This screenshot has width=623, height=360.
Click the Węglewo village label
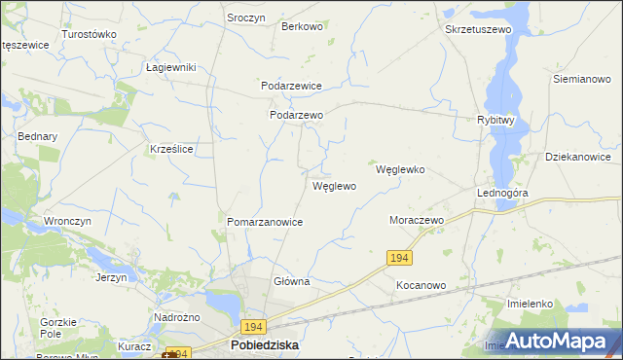tap(334, 186)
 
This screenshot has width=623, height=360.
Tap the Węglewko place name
tap(400, 169)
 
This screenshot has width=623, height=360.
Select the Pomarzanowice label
tap(265, 223)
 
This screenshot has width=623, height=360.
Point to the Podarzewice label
tap(291, 86)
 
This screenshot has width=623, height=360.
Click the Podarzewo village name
tap(296, 115)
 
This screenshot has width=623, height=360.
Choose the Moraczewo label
tap(417, 221)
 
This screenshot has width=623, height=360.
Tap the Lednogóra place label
tap(502, 194)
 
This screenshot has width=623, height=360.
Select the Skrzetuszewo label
tap(478, 30)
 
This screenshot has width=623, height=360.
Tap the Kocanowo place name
tap(421, 286)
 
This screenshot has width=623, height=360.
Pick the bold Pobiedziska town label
tap(264, 345)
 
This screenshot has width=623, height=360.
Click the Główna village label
tap(291, 282)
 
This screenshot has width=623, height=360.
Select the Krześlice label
tap(171, 150)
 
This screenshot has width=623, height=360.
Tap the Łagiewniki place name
tap(171, 67)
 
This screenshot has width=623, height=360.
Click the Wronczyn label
tap(67, 221)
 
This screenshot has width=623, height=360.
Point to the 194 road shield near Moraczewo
tap(399, 258)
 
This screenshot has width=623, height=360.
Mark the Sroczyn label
tap(246, 18)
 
